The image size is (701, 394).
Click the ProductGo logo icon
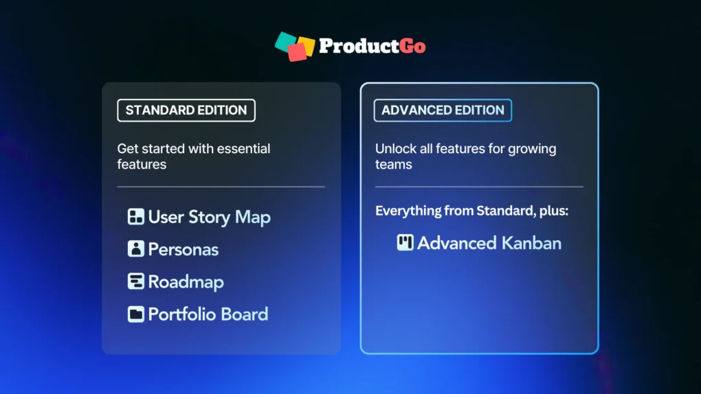click(295, 46)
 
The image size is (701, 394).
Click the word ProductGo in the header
click(372, 47)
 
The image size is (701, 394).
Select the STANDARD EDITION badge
click(186, 110)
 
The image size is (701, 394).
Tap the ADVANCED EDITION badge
click(443, 110)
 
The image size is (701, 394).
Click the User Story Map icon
click(135, 217)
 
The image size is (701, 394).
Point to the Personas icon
click(135, 249)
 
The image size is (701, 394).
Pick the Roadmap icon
click(135, 281)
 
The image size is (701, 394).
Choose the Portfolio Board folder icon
click(135, 314)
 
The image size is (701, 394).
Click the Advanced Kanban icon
click(405, 242)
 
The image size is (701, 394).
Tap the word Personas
click(183, 249)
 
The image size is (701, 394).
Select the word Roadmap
click(186, 282)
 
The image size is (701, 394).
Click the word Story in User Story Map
click(210, 218)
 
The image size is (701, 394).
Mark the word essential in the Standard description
click(244, 149)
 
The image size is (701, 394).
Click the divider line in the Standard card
click(221, 187)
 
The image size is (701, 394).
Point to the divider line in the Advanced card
click(479, 187)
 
